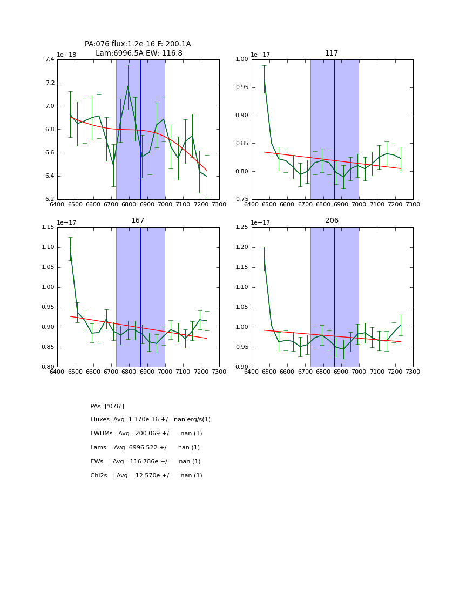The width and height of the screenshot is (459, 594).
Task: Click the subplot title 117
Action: (x=332, y=53)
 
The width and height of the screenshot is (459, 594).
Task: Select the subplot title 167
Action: (x=138, y=221)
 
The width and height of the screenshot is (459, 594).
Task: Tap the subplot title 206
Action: (x=332, y=221)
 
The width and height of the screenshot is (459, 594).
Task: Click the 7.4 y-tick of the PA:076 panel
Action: (x=49, y=59)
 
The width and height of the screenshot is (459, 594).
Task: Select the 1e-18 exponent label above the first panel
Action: (x=67, y=55)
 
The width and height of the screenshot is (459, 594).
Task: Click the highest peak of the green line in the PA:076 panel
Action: (x=128, y=86)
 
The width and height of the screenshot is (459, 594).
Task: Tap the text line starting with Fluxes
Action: (x=150, y=420)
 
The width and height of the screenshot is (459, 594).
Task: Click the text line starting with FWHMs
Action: (x=146, y=434)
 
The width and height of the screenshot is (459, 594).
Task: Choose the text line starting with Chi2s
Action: (x=146, y=476)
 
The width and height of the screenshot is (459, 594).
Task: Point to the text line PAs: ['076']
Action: (x=107, y=406)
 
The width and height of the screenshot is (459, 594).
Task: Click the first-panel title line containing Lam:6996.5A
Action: (x=139, y=53)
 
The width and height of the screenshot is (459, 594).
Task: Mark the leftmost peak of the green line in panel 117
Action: (x=264, y=79)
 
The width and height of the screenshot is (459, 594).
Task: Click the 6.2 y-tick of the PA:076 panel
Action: (x=49, y=199)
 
